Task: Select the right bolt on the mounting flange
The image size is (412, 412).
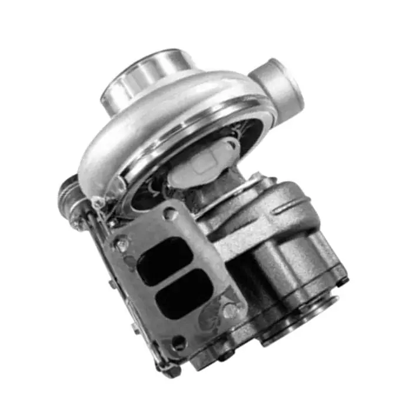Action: pos(230,311)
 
